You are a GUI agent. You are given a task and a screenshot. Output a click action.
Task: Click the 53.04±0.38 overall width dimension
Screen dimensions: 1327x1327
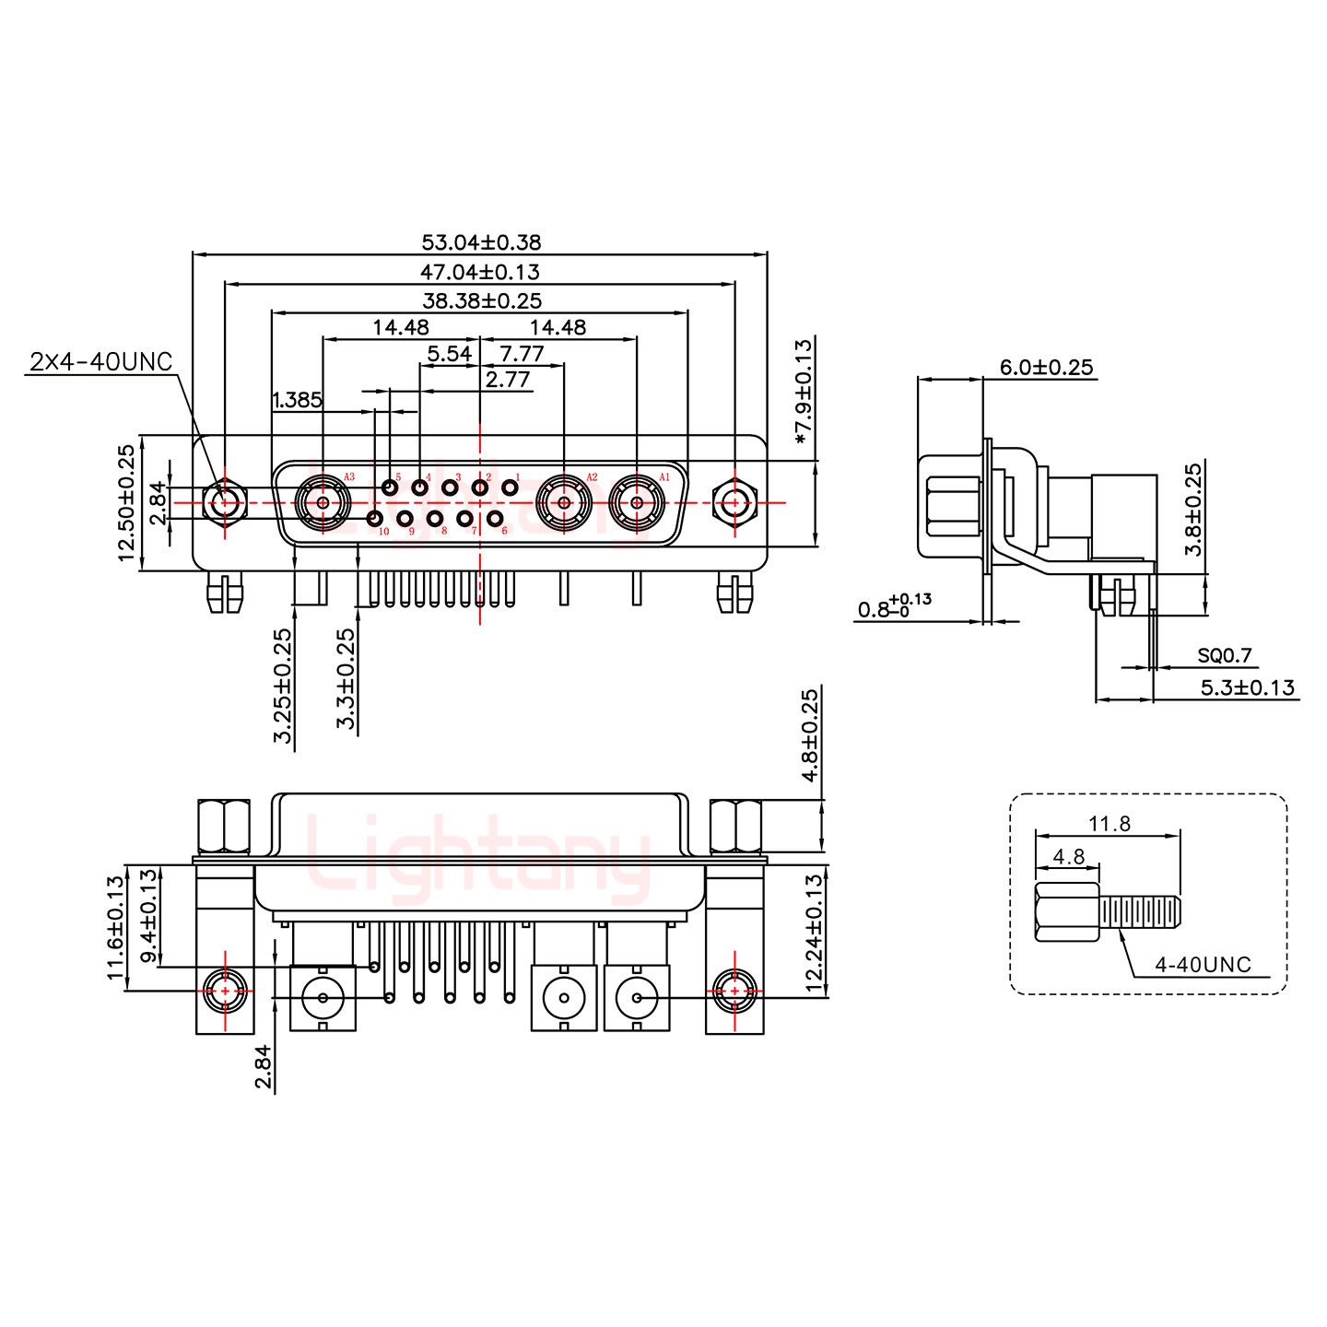[x=480, y=242]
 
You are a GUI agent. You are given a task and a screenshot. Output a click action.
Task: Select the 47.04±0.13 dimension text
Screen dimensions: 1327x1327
[x=480, y=272]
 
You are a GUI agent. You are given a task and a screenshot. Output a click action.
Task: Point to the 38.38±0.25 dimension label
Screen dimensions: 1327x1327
[x=482, y=300]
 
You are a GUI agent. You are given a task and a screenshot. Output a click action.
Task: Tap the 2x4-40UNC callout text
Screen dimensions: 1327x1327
[x=101, y=361]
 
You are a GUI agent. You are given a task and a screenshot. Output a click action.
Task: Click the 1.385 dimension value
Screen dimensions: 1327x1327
[x=297, y=400]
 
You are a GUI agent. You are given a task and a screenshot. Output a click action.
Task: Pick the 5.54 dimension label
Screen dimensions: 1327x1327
[x=449, y=354]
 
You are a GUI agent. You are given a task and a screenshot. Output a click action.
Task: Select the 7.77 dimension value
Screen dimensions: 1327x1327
[x=521, y=354]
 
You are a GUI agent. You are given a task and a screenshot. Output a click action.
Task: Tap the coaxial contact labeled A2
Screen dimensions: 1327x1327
[x=563, y=503]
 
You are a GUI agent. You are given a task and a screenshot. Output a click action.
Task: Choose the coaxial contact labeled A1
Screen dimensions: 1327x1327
[x=637, y=503]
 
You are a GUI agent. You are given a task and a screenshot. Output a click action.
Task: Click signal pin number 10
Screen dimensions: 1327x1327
[x=375, y=520]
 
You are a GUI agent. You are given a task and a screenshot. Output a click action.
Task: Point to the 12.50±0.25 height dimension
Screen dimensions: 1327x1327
[x=126, y=503]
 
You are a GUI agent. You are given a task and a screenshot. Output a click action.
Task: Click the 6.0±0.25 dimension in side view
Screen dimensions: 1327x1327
[x=1046, y=368]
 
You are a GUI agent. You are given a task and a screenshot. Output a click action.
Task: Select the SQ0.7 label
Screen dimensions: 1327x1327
[x=1225, y=655]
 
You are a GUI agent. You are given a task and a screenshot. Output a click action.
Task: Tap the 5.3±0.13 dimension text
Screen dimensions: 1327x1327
[x=1247, y=687]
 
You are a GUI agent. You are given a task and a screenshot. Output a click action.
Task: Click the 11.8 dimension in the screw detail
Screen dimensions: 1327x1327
[x=1110, y=823]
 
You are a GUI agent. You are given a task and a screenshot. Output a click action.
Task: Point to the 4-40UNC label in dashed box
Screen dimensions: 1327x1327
[x=1203, y=964]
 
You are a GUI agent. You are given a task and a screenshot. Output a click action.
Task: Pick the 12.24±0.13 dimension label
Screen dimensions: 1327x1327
[x=812, y=933]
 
